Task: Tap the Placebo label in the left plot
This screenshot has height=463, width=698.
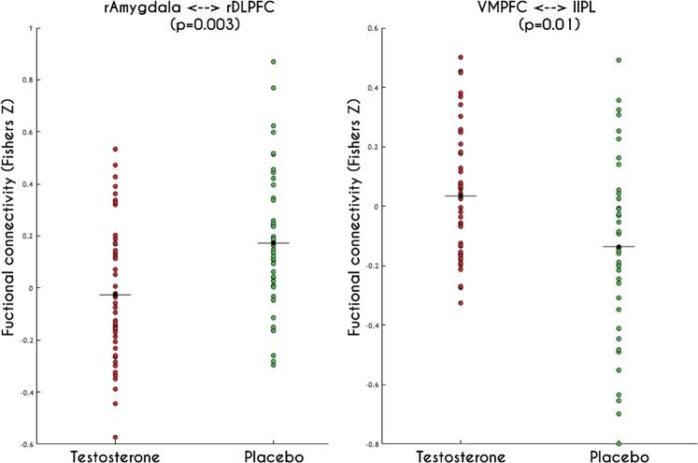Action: pos(274,455)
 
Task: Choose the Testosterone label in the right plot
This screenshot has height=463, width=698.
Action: pos(461,455)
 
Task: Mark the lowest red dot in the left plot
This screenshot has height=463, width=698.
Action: pos(116,437)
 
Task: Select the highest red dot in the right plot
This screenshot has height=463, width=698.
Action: pos(461,57)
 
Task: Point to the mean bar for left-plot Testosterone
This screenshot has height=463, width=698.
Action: pos(116,295)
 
